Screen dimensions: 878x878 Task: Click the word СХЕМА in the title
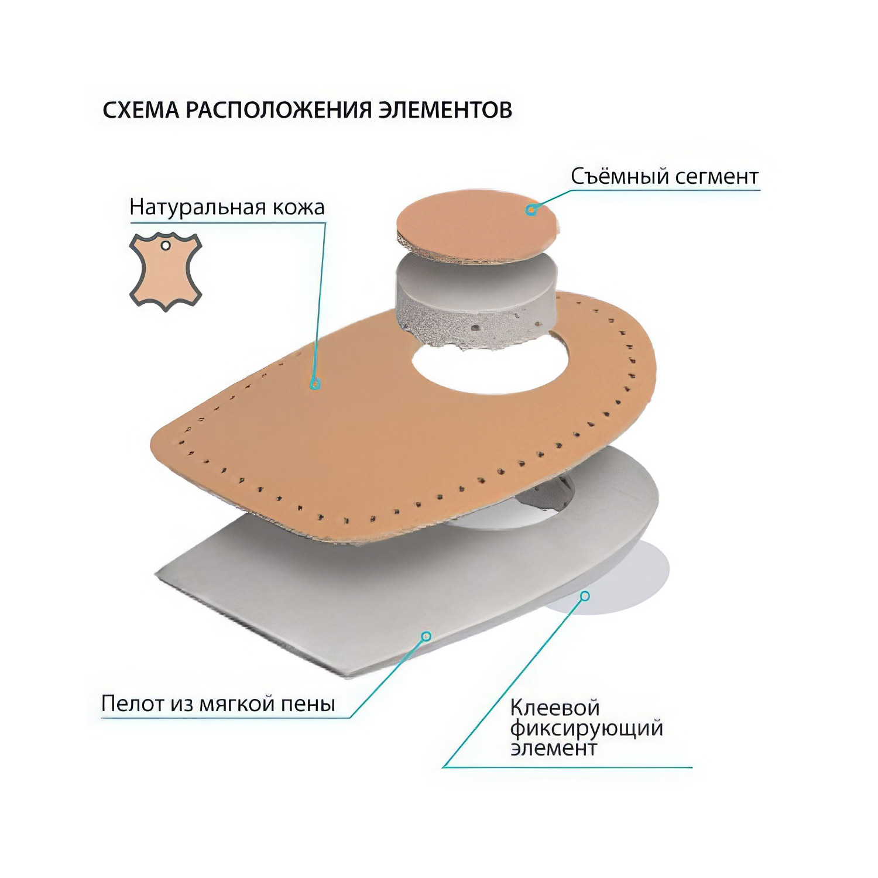tap(141, 110)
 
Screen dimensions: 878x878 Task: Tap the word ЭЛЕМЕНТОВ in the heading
tap(445, 110)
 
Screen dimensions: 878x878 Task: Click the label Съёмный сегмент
tap(664, 176)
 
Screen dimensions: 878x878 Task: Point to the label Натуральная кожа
tap(227, 207)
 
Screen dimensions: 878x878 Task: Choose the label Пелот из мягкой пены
tap(218, 703)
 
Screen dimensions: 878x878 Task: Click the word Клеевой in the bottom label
tap(555, 708)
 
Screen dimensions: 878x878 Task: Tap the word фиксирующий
tap(587, 729)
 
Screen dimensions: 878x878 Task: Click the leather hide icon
tap(166, 271)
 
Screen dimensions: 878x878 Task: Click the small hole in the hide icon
tap(166, 246)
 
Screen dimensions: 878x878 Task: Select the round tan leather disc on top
tap(477, 225)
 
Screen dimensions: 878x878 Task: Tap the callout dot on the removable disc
tap(531, 209)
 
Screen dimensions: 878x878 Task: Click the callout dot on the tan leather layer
tap(315, 384)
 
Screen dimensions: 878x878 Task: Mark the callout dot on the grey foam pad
tap(426, 636)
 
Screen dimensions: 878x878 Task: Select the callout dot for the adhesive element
tap(585, 596)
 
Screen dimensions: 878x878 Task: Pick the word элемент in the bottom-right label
tap(554, 749)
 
